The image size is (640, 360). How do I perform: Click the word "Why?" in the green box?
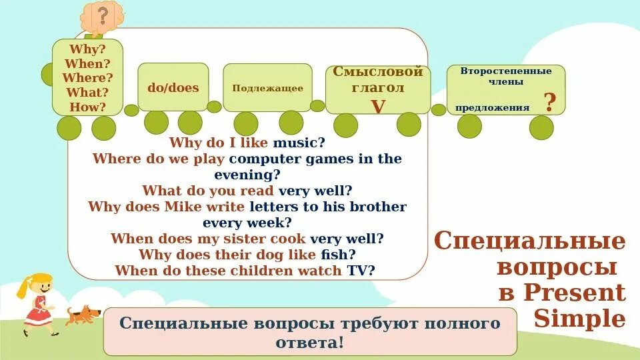(87, 49)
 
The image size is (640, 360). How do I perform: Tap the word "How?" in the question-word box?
(87, 107)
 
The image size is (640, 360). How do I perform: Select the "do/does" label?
(173, 88)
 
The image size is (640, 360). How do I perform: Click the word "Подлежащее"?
(267, 88)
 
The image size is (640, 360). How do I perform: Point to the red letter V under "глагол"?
(378, 106)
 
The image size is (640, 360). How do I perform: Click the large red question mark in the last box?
(549, 103)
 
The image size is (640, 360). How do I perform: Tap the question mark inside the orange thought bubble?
(102, 15)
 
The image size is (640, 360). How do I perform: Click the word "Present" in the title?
(574, 293)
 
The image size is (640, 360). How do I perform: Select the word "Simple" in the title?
(580, 319)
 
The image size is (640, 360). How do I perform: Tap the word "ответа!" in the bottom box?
(310, 342)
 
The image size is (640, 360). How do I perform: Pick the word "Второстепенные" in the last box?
(506, 71)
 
